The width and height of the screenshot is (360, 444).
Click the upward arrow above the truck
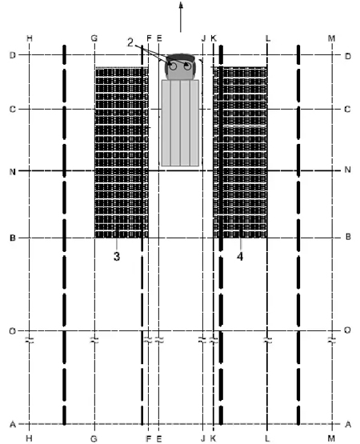tap(181, 17)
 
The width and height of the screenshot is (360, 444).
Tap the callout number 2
tap(130, 42)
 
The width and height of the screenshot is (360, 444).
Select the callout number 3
tap(117, 256)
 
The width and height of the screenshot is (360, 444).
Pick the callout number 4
tap(240, 257)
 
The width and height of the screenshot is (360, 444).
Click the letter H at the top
tap(30, 38)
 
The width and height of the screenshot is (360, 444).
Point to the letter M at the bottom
tap(331, 438)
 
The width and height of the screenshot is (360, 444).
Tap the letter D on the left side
tap(13, 55)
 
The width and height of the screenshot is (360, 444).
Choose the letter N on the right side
tap(347, 170)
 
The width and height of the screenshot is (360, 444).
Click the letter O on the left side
tap(13, 331)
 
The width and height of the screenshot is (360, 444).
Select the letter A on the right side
tap(348, 424)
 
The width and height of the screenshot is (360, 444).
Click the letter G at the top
tap(94, 38)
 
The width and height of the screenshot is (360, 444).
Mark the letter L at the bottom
tap(267, 438)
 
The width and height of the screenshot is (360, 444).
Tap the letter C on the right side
tap(347, 109)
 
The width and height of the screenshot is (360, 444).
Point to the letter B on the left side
tap(13, 238)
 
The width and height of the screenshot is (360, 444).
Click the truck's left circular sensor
tap(173, 66)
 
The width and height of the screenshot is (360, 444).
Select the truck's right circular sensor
tap(187, 66)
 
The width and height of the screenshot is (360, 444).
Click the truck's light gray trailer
tap(180, 123)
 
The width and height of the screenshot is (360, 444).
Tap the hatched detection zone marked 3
tap(122, 153)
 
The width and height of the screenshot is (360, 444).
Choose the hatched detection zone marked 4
tap(240, 153)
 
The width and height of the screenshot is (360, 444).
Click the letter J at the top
tap(203, 38)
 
